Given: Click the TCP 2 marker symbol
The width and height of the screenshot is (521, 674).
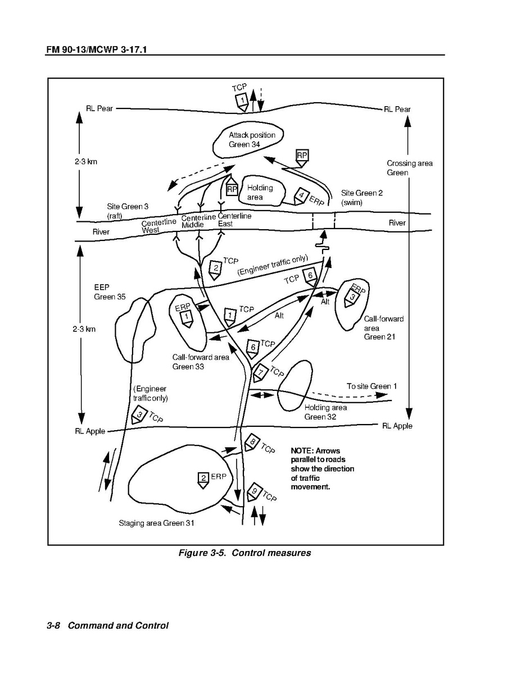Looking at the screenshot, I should coord(215,268).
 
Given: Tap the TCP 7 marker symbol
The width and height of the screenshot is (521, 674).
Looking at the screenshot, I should coord(260,372).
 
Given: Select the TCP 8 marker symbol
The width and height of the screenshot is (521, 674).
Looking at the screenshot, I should coord(252,444).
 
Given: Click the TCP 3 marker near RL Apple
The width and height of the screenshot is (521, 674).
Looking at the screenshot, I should coord(139,416).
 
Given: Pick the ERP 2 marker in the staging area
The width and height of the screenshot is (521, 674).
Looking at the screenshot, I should coord(203,479).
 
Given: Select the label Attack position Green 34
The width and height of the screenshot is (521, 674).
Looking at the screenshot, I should coord(252,140).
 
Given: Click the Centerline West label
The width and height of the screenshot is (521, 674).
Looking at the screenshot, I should coord(158,226).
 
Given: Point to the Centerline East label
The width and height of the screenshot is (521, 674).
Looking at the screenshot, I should coord(234,220).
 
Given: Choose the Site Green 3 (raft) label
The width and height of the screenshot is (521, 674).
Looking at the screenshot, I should coord(128,210).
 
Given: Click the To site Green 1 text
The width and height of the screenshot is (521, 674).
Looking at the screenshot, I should coord(371,386).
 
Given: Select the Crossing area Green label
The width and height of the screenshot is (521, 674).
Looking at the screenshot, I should coord(409,168).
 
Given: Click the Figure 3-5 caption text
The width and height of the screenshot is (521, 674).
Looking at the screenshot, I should coord(244,553).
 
